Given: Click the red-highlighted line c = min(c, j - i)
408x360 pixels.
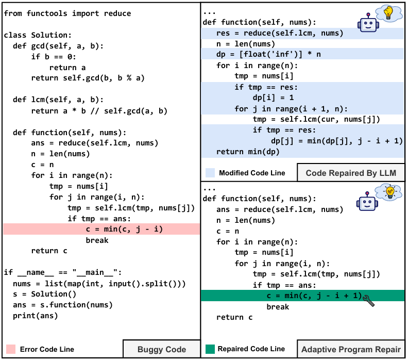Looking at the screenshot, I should coord(124,229).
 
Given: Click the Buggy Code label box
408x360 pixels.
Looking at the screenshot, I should coord(161,349).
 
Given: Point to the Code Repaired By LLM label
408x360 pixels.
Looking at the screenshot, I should coord(351,173).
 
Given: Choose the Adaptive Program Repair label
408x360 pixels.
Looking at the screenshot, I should coord(351,349).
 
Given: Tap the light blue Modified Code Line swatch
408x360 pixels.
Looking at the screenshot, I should coord(210,173).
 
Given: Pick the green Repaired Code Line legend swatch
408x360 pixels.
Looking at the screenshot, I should coord(210,349).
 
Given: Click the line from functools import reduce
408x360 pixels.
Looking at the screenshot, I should coord(67,13).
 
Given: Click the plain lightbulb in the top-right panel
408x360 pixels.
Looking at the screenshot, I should coord(387,14).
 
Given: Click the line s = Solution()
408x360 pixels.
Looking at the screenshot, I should coord(44,294).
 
